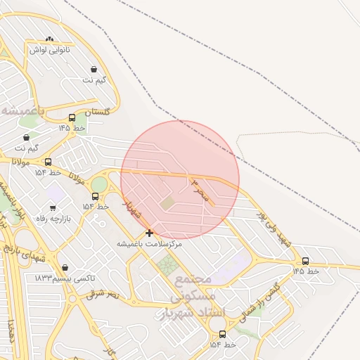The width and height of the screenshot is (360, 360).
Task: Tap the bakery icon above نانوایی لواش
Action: [49, 39]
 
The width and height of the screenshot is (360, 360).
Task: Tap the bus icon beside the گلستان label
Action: [72, 118]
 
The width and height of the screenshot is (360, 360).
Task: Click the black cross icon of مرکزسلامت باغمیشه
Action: [149, 233]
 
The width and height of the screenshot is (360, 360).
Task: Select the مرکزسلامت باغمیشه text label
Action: [149, 243]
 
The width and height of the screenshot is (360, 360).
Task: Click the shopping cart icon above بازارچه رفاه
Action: [53, 208]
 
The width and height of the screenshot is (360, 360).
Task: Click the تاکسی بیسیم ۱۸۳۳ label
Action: [63, 278]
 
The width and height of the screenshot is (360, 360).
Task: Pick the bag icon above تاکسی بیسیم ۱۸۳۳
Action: [65, 267]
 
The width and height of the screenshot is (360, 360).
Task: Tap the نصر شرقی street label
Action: [103, 295]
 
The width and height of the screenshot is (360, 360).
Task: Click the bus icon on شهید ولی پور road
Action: [304, 261]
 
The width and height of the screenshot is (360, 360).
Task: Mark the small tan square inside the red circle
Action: [167, 203]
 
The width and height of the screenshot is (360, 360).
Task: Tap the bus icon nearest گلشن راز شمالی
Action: [223, 334]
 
